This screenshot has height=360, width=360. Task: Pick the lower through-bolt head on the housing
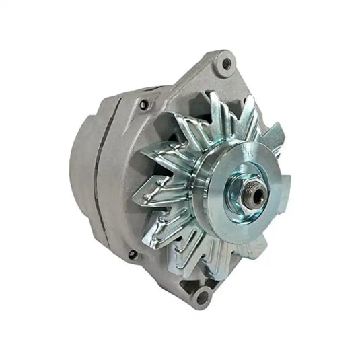(132, 254)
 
